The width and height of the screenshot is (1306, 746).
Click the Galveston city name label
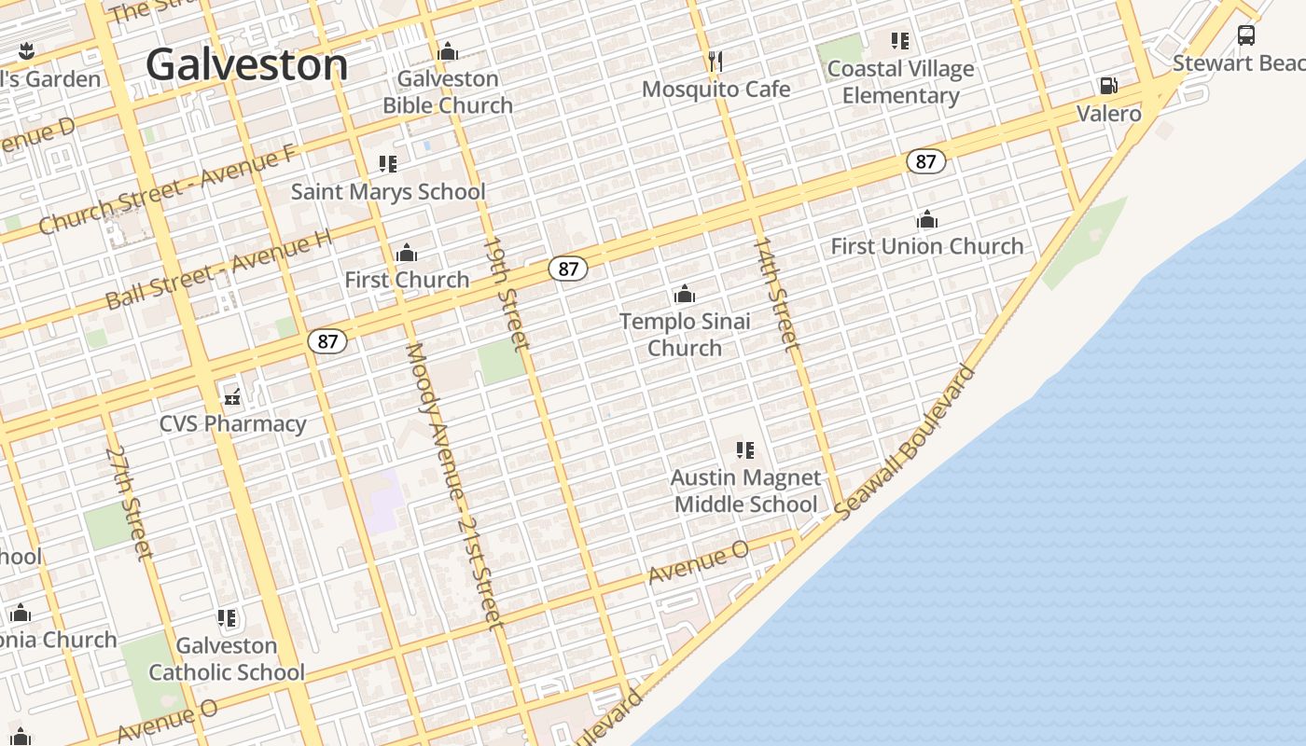pyautogui.click(x=246, y=65)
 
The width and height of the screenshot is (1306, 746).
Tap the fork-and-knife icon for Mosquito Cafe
pyautogui.click(x=716, y=62)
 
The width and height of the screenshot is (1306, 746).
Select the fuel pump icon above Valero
pyautogui.click(x=1108, y=86)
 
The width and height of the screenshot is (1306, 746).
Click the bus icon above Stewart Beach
pyautogui.click(x=1245, y=35)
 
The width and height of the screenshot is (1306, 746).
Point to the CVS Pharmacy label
pyautogui.click(x=232, y=423)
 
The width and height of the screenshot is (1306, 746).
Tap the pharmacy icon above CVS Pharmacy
pyautogui.click(x=232, y=397)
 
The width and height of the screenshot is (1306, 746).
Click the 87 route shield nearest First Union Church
pyautogui.click(x=924, y=161)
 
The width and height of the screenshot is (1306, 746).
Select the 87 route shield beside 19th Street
pyautogui.click(x=567, y=269)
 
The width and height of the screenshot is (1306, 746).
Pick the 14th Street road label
pyautogui.click(x=776, y=294)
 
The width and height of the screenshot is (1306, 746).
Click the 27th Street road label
pyautogui.click(x=129, y=503)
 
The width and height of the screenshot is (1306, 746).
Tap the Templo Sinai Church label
pyautogui.click(x=685, y=334)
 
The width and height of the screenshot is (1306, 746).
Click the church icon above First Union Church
pyautogui.click(x=926, y=220)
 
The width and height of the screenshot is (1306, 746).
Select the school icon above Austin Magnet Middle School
pyautogui.click(x=744, y=450)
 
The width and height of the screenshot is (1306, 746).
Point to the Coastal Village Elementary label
pyautogui.click(x=900, y=82)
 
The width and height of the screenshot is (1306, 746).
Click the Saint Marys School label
pyautogui.click(x=388, y=192)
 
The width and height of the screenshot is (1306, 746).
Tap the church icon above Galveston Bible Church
pyautogui.click(x=448, y=51)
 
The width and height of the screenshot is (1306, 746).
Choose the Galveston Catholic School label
pyautogui.click(x=227, y=658)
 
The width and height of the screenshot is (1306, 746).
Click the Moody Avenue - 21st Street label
pyautogui.click(x=454, y=485)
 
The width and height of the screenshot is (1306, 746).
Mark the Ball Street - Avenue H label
pyautogui.click(x=218, y=270)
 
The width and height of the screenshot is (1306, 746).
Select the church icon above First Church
pyautogui.click(x=407, y=253)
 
